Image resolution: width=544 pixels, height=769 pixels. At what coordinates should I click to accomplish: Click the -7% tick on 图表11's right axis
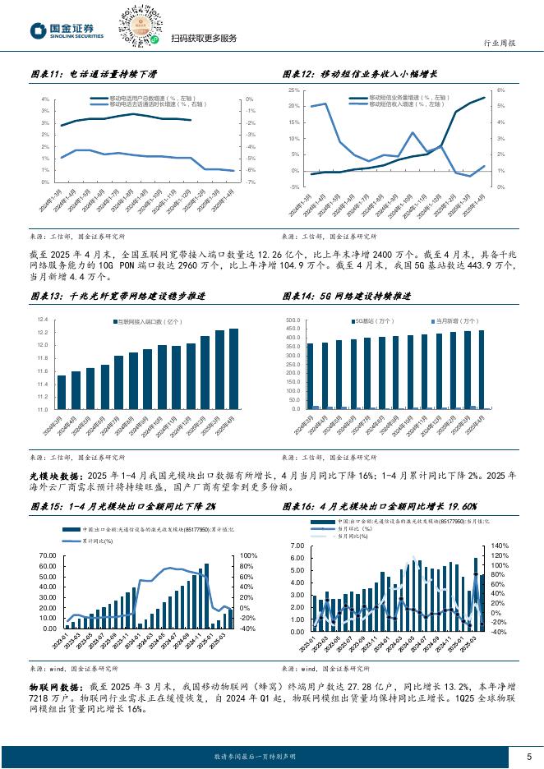click(249, 183)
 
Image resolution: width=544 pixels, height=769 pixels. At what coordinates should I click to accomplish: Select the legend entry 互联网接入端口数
click(147, 323)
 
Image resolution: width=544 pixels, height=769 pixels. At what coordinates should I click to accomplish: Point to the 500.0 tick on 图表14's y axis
click(295, 319)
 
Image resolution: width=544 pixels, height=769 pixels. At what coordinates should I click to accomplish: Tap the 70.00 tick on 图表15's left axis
click(46, 555)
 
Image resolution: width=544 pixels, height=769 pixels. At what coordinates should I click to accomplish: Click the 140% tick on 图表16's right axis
click(499, 545)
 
